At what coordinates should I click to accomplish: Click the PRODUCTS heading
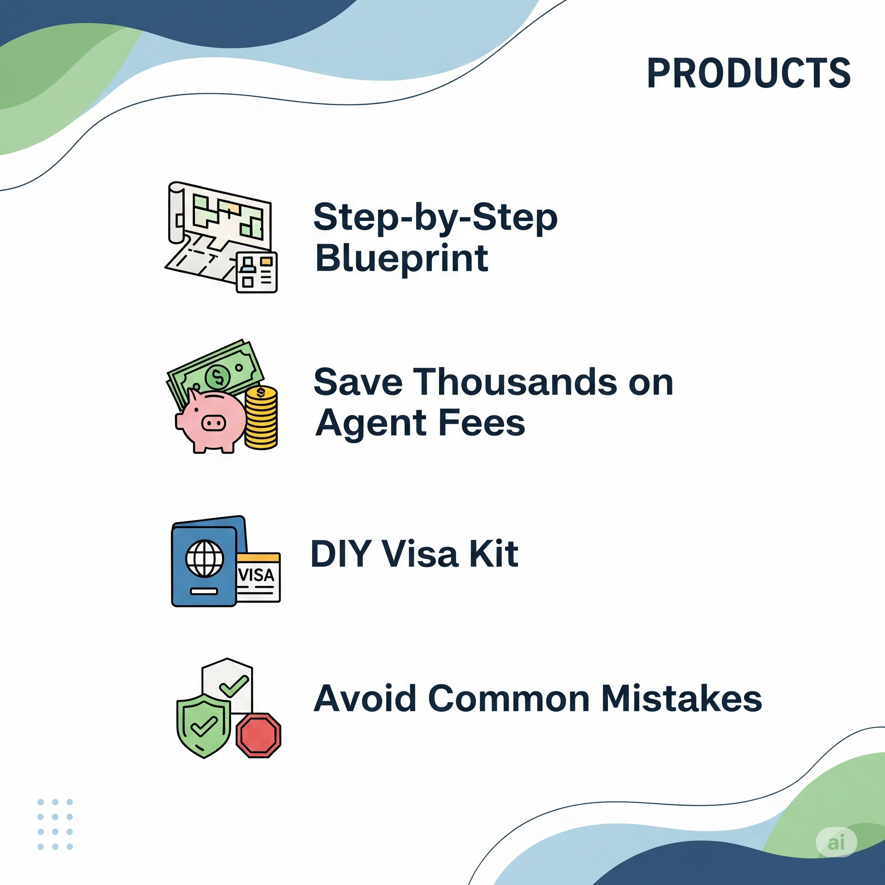(748, 73)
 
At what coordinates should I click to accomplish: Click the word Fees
(481, 422)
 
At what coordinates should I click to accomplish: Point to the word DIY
(341, 554)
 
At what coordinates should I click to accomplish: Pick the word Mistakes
(681, 699)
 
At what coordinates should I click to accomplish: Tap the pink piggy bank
(211, 420)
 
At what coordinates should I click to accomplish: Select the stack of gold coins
(261, 417)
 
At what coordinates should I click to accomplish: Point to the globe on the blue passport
(205, 558)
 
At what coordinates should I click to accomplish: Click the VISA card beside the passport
(258, 577)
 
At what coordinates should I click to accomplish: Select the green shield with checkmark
(204, 725)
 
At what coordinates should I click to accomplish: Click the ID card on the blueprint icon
(257, 272)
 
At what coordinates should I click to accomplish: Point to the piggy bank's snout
(213, 422)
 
